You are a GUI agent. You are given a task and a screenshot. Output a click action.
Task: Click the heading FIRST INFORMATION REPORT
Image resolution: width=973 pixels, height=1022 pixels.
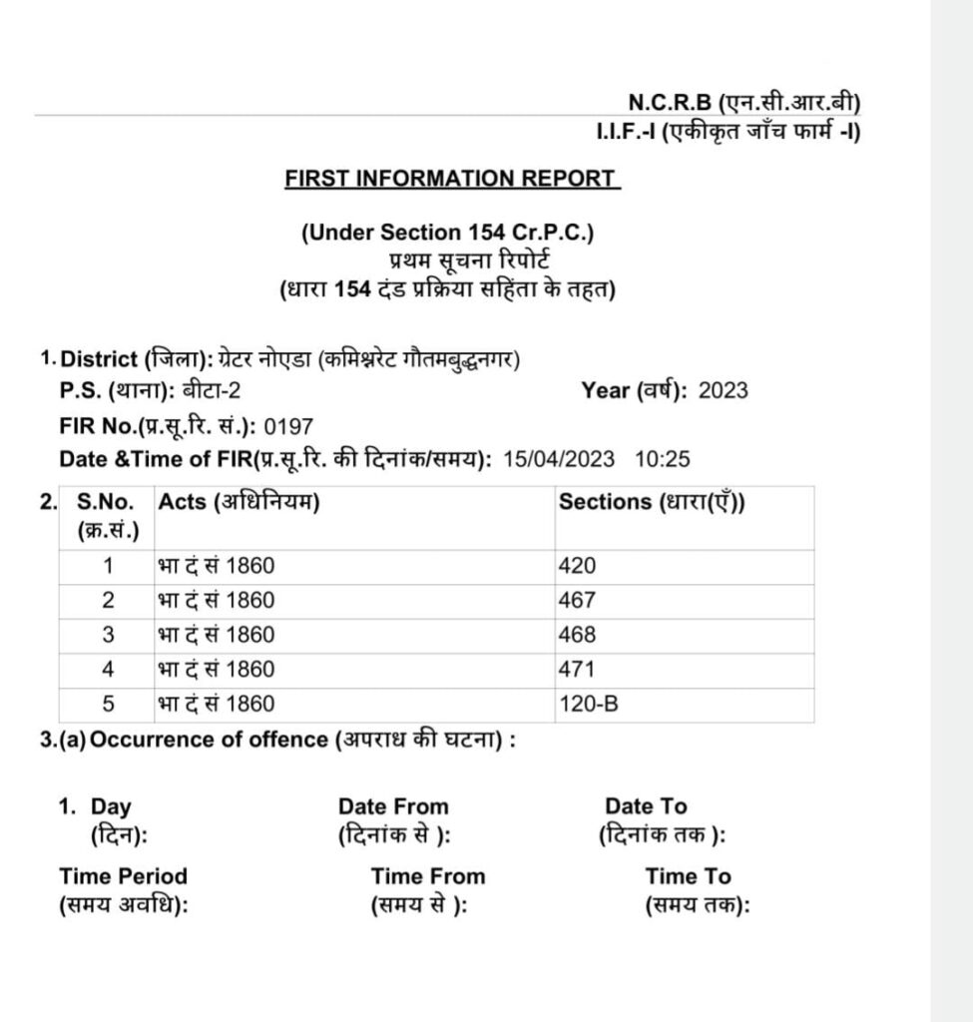pyautogui.click(x=451, y=179)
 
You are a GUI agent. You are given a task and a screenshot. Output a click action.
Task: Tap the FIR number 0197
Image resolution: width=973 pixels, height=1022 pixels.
pyautogui.click(x=288, y=426)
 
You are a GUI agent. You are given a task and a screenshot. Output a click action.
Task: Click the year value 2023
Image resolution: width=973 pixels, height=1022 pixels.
pyautogui.click(x=724, y=390)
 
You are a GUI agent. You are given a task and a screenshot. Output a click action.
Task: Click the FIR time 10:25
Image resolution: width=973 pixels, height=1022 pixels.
pyautogui.click(x=663, y=460)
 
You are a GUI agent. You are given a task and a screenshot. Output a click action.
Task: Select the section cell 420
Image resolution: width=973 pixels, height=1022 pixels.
pyautogui.click(x=577, y=566)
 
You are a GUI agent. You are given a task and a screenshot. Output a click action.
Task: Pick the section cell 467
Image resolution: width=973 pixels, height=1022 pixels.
pyautogui.click(x=577, y=601)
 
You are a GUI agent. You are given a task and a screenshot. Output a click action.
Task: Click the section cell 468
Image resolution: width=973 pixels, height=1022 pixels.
pyautogui.click(x=577, y=635)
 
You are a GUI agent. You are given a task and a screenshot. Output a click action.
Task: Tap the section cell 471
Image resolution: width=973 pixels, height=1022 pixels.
pyautogui.click(x=577, y=669)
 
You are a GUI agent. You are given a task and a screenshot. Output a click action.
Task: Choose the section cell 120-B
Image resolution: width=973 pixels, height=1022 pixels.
pyautogui.click(x=589, y=704)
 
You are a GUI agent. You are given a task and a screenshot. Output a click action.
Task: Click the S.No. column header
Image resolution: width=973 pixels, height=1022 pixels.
pyautogui.click(x=106, y=502)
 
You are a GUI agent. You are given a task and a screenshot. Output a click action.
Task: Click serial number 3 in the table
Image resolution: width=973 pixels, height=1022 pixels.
pyautogui.click(x=109, y=635)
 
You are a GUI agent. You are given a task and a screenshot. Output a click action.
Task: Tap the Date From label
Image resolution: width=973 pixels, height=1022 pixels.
pyautogui.click(x=393, y=806)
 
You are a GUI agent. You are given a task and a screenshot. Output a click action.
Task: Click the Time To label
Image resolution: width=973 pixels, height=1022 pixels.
pyautogui.click(x=688, y=876)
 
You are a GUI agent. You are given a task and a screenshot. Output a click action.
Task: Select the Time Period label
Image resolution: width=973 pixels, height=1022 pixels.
pyautogui.click(x=123, y=876)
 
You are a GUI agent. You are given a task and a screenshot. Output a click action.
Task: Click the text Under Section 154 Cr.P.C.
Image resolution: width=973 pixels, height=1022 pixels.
pyautogui.click(x=447, y=233)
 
